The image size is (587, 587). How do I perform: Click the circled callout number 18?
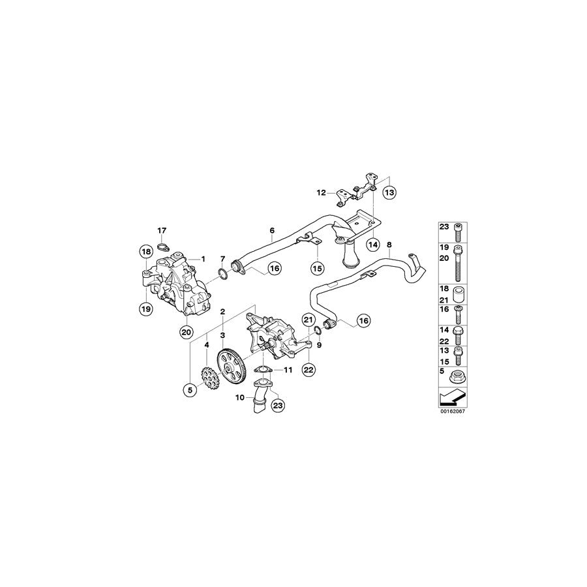tap(146, 252)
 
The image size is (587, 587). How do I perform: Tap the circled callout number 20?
tap(187, 332)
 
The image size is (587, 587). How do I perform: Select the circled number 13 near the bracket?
tap(389, 193)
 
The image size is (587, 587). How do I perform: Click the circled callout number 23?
tap(278, 405)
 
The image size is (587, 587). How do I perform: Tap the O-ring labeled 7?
tap(222, 274)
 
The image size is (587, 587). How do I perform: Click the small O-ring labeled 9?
tap(317, 330)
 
